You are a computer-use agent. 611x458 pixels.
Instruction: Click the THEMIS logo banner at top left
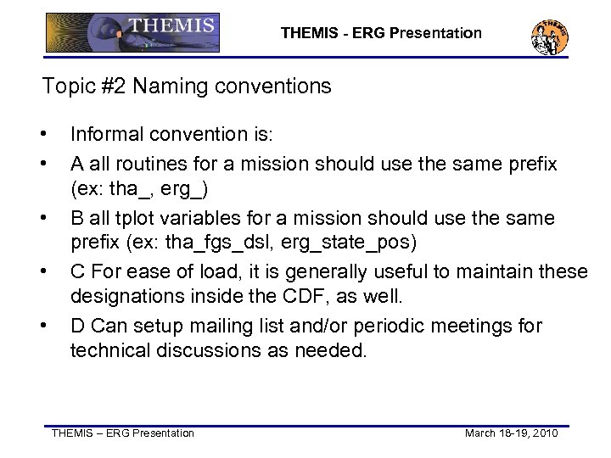[x=132, y=32]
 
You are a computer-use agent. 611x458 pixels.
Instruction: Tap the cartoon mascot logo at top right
[x=549, y=36]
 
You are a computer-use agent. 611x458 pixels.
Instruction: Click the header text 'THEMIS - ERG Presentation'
[x=381, y=34]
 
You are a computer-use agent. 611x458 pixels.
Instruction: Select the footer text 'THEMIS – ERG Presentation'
[x=123, y=433]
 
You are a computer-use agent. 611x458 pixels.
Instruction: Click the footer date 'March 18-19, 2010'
[x=511, y=433]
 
